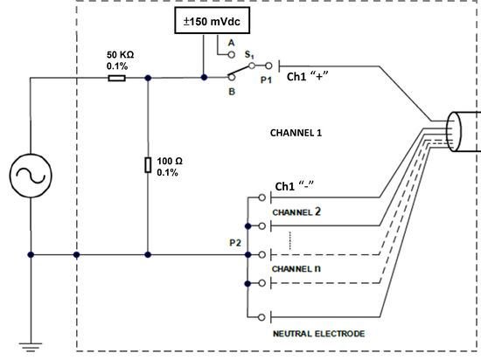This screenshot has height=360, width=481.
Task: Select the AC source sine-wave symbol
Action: click(x=31, y=176)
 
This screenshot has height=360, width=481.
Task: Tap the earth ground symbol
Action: click(x=31, y=347)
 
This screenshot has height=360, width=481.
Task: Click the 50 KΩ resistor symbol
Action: click(x=117, y=78)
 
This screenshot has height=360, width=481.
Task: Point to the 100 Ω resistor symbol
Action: click(x=148, y=165)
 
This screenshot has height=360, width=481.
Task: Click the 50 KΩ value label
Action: click(x=121, y=54)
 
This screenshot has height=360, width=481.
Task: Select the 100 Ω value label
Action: click(x=170, y=161)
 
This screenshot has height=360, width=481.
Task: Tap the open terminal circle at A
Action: click(x=232, y=55)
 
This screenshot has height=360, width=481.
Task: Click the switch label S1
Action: click(x=249, y=54)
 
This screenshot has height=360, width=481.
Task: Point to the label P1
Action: click(x=266, y=80)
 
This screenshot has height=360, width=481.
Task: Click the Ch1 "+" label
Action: click(x=307, y=76)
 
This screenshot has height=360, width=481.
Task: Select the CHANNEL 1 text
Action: click(x=296, y=133)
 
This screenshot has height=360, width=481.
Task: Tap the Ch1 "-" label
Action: click(x=295, y=186)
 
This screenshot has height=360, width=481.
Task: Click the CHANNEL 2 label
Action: click(x=296, y=211)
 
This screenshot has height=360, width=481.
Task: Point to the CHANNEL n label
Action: click(x=296, y=269)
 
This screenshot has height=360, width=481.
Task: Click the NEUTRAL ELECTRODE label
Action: click(x=319, y=334)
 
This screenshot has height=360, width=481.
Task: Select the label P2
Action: click(x=235, y=243)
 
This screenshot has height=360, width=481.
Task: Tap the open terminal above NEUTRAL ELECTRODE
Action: click(x=261, y=317)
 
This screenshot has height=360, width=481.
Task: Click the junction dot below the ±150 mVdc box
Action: click(x=204, y=78)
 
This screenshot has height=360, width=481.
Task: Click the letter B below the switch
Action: click(x=232, y=92)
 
